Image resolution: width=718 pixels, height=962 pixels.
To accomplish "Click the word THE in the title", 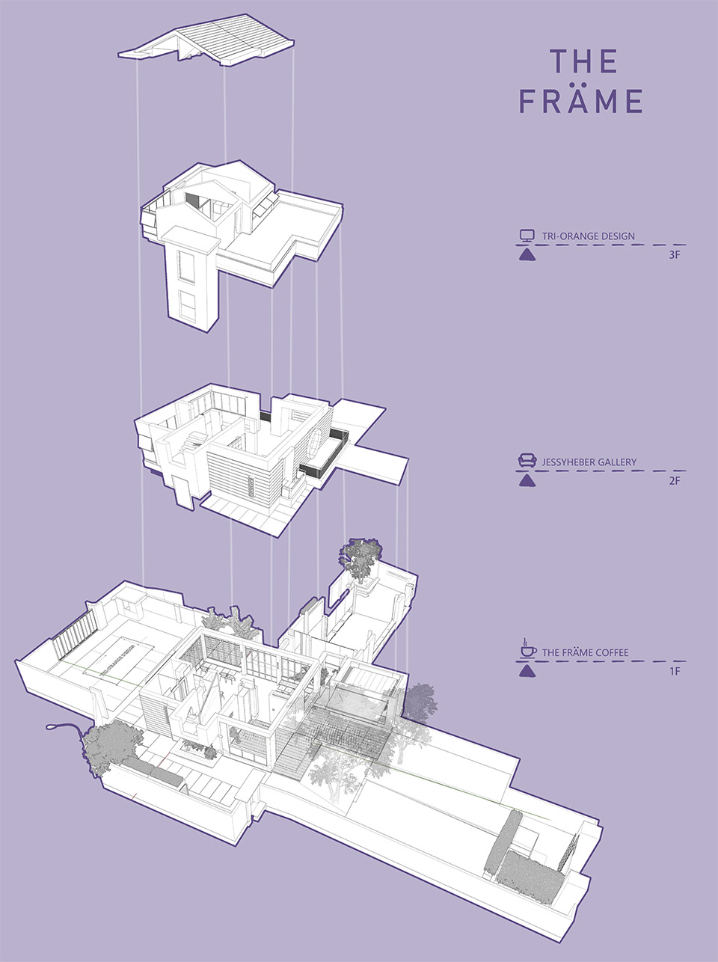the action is (583, 61).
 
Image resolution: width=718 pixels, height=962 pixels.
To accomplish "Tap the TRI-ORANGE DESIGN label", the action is (588, 236).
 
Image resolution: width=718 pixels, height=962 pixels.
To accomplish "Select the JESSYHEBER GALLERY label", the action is (589, 462).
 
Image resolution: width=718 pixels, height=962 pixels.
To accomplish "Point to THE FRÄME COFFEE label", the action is (586, 652).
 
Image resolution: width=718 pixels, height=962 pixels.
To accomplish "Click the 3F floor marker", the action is (674, 255).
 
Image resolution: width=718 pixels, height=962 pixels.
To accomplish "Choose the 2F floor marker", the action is (674, 481).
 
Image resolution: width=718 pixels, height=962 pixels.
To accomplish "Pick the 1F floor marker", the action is (675, 671).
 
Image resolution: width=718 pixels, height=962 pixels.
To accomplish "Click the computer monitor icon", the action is (527, 236).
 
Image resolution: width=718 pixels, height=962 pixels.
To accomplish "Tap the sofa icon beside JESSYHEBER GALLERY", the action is (527, 461).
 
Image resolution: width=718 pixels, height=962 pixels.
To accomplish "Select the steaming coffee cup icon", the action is (528, 649).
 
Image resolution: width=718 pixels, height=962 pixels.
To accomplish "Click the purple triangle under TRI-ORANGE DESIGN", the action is (527, 255).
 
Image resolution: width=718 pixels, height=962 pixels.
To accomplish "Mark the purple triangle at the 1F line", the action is (527, 671).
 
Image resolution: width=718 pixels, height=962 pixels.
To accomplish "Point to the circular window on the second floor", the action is (316, 444).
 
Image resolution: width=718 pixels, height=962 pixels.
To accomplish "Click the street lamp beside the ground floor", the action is (66, 729).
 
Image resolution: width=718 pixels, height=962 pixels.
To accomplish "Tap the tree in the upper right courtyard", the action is (359, 558).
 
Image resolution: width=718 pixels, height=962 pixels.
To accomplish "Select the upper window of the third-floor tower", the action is (185, 266).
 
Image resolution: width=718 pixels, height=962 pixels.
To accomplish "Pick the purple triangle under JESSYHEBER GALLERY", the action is (527, 481).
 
